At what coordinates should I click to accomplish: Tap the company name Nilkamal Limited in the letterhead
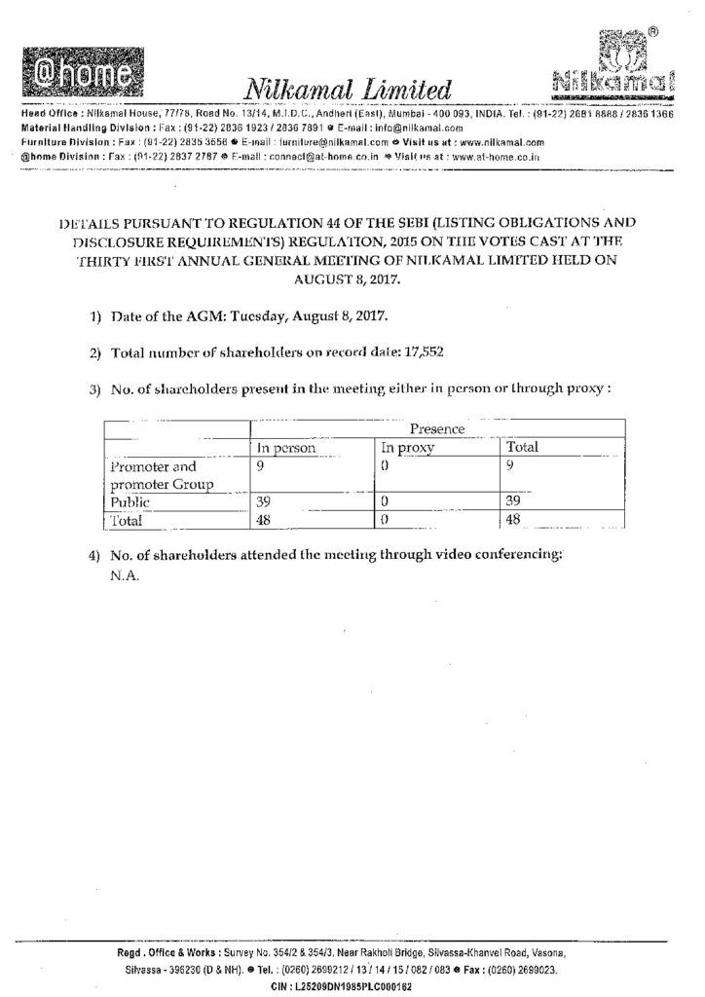point(351,92)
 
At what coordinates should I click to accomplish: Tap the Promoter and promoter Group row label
point(155,474)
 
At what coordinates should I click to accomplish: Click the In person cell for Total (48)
point(264,520)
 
